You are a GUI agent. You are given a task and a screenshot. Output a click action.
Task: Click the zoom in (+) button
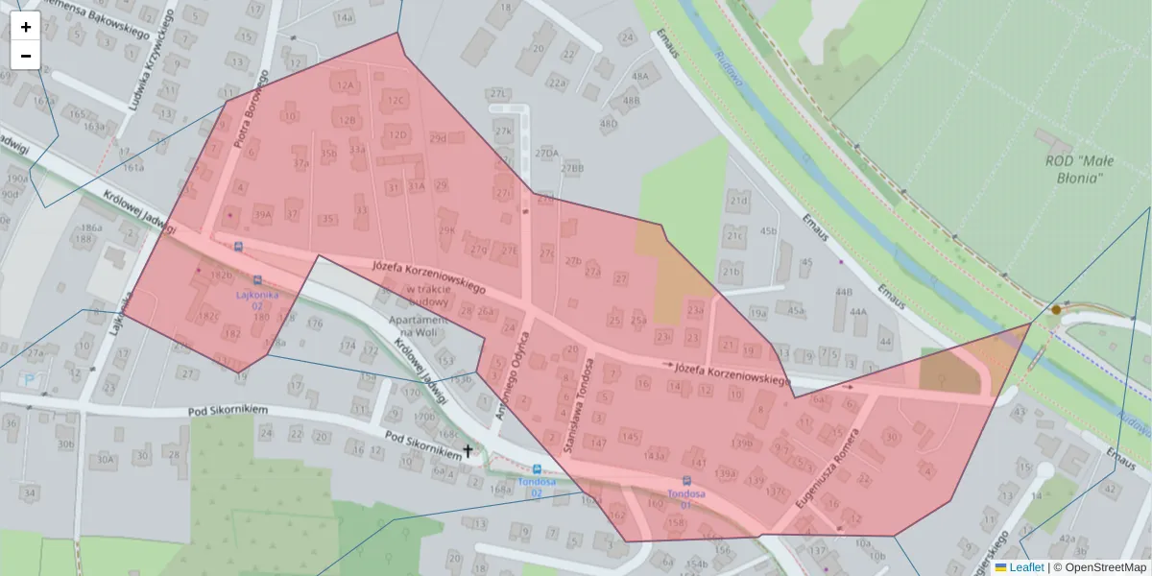pyautogui.click(x=26, y=26)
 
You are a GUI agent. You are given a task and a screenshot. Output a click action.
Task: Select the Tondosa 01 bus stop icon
pyautogui.click(x=686, y=481)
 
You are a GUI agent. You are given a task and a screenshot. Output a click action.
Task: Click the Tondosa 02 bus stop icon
pyautogui.click(x=536, y=469)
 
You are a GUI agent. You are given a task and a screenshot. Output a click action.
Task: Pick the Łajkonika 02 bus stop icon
pyautogui.click(x=257, y=281)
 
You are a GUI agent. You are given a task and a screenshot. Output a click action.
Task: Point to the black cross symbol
pyautogui.click(x=468, y=450)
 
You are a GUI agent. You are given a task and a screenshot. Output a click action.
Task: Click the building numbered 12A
pyautogui.click(x=346, y=84)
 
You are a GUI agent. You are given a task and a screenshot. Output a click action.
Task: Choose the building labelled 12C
pyautogui.click(x=396, y=99)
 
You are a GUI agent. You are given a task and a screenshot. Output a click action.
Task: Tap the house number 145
pyautogui.click(x=630, y=437)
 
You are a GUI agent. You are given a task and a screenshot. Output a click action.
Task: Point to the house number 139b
pyautogui.click(x=741, y=444)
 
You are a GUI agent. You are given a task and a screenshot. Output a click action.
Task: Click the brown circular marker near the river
pyautogui.click(x=1056, y=309)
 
